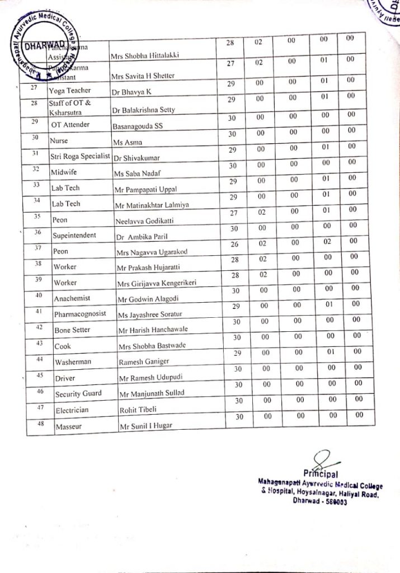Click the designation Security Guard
pyautogui.click(x=78, y=393)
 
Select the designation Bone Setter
pyautogui.click(x=72, y=330)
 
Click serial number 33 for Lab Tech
pyautogui.click(x=36, y=185)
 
